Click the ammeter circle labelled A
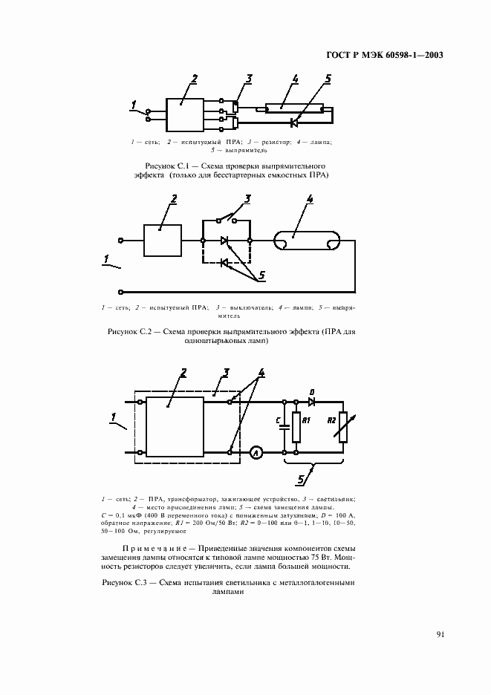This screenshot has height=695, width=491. coord(255,452)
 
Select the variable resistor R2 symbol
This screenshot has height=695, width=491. coord(342,427)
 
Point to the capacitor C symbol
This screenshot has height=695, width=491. coord(285,426)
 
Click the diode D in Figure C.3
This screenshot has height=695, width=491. coord(312,402)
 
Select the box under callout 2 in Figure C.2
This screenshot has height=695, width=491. coord(163,241)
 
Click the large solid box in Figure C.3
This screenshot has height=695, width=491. coord(174,425)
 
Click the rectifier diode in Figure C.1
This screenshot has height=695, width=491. coord(295,121)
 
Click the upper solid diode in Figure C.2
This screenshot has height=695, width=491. coord(225,241)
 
